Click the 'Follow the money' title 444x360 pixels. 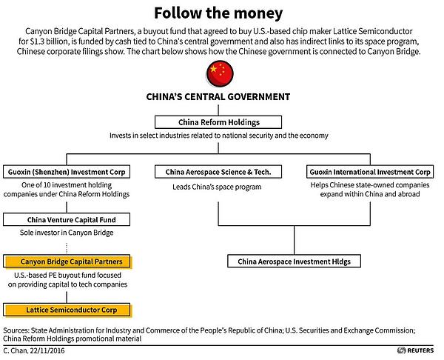[218, 13]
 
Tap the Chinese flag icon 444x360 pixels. [220, 73]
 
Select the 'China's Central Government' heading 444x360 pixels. [218, 97]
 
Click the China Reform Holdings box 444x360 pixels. [218, 122]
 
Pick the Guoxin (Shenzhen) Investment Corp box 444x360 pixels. [67, 172]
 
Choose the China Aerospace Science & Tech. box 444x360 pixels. [218, 172]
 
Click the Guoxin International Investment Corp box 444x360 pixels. [370, 172]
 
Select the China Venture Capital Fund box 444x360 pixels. [67, 220]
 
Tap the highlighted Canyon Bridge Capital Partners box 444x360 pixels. [67, 261]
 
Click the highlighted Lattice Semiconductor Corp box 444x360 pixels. [67, 310]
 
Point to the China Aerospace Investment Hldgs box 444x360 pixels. [295, 261]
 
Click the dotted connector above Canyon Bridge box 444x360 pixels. [67, 248]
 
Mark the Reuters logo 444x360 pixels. [415, 350]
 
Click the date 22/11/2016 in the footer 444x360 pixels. [47, 350]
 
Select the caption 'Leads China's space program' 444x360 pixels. [217, 187]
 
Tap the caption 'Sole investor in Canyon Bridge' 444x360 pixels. [67, 233]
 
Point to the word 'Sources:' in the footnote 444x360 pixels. [16, 330]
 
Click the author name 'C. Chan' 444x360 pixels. [16, 350]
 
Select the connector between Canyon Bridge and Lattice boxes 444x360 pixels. [67, 297]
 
